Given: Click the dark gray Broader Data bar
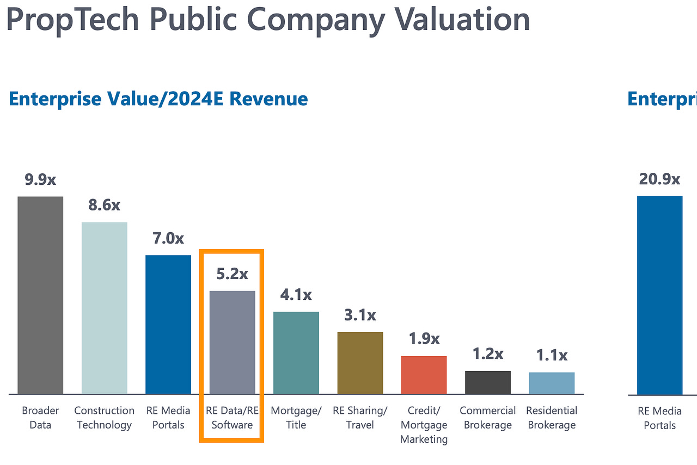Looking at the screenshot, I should click(x=40, y=295).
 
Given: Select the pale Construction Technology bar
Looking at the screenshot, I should click(x=105, y=307).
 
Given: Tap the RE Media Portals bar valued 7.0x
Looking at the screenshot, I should click(x=168, y=324).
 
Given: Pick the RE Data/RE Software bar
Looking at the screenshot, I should click(x=233, y=342).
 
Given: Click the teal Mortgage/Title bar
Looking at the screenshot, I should click(x=296, y=353).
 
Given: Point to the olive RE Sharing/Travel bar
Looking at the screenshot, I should click(x=360, y=363).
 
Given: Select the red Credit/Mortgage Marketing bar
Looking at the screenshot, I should click(x=424, y=375).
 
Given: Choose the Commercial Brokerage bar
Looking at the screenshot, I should click(x=488, y=383).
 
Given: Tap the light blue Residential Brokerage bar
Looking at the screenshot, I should click(x=552, y=383).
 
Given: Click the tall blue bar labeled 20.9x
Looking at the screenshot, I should click(x=659, y=295).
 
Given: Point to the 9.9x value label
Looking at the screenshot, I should click(x=40, y=179).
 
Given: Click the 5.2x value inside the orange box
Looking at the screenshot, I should click(x=232, y=274).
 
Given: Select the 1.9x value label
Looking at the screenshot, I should click(x=424, y=339).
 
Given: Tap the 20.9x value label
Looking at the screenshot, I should click(x=659, y=179).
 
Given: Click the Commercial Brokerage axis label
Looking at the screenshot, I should click(x=488, y=418).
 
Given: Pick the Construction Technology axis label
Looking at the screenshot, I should click(x=105, y=418).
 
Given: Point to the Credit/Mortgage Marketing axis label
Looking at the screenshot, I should click(x=424, y=425).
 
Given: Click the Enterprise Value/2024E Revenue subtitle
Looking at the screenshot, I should click(x=158, y=99).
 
